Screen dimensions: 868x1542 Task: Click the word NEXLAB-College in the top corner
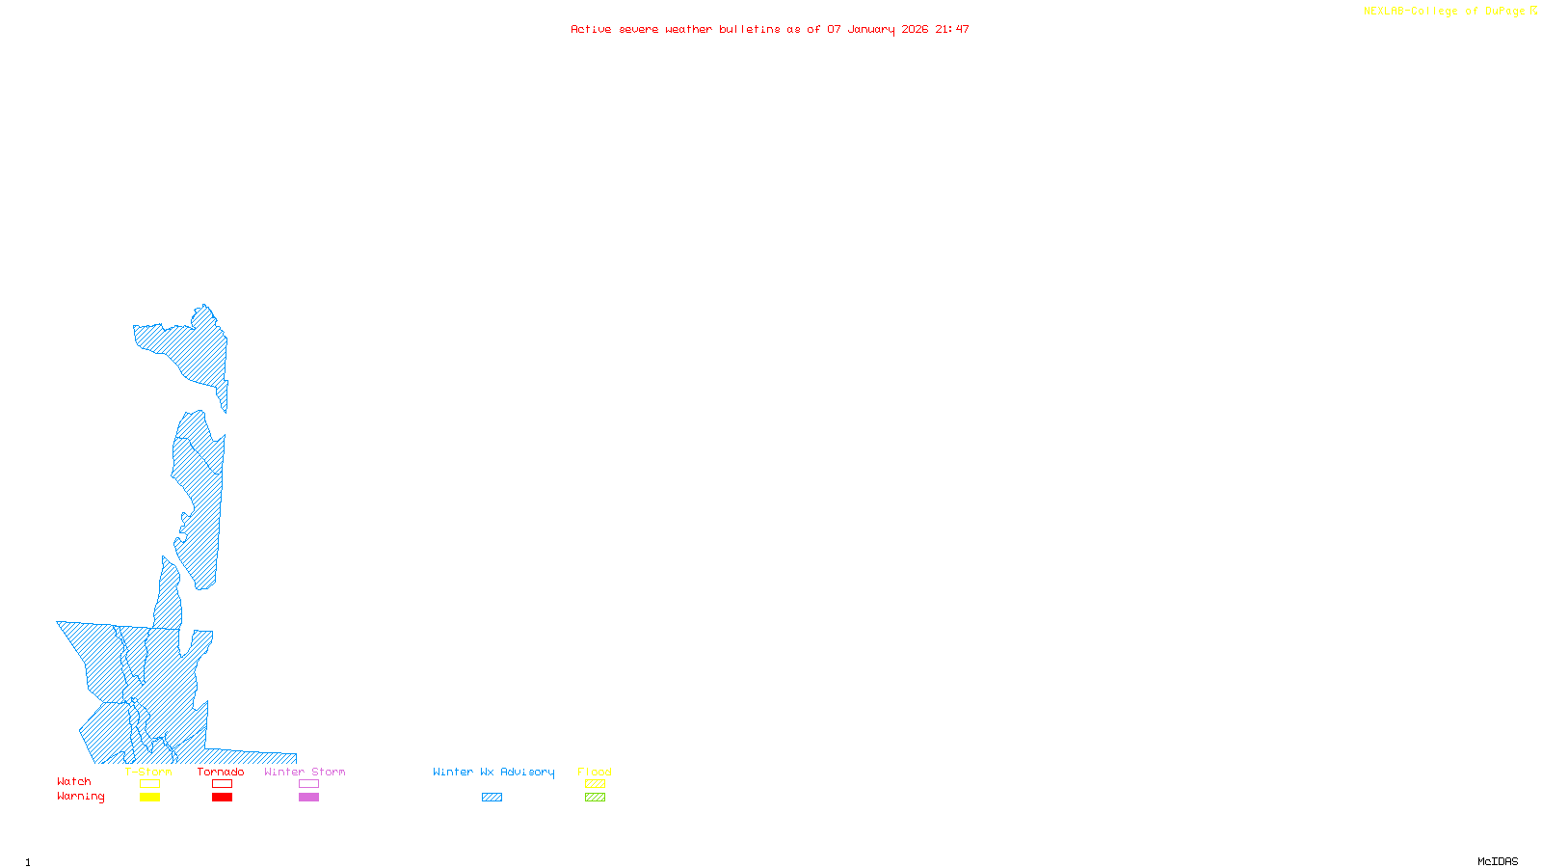point(1409,12)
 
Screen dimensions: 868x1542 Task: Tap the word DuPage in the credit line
point(1504,12)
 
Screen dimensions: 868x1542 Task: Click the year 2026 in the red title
point(915,30)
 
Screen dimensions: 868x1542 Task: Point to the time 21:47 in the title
point(952,30)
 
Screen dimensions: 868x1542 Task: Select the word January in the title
point(870,30)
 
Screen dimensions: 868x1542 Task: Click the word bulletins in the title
point(750,30)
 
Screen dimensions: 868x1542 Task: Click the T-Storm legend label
point(148,772)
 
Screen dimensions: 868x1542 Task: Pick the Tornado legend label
point(221,772)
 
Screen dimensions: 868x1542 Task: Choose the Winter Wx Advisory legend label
point(493,772)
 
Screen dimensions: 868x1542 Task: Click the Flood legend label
point(595,772)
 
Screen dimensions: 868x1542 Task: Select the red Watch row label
point(74,782)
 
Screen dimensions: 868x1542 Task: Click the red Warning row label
point(81,797)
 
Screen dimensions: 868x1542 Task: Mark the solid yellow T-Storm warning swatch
point(149,798)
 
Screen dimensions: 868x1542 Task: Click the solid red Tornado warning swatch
point(223,798)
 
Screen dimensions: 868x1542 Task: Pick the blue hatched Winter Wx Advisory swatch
point(492,798)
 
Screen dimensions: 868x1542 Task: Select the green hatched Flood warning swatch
point(596,798)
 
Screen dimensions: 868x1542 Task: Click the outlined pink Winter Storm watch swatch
point(308,784)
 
